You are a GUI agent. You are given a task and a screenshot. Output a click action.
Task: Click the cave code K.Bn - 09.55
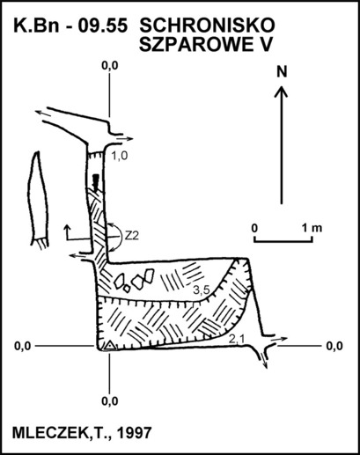coord(70,26)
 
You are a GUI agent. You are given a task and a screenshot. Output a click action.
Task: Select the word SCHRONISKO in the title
coord(207,26)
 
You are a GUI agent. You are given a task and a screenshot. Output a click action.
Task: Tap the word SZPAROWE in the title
coord(192,45)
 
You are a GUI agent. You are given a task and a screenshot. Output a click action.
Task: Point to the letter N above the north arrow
coord(282,72)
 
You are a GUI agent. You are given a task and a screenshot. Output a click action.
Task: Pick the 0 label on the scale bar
coord(254,228)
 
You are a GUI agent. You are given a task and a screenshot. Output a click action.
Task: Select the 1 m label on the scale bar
coord(312,228)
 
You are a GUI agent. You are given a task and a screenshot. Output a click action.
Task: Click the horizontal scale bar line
coord(283,242)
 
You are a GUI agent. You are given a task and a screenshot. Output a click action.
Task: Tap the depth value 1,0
coord(120,156)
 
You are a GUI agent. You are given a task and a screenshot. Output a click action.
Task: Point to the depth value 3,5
coord(202,290)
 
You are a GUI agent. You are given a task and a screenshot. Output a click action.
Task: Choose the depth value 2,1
coord(237,340)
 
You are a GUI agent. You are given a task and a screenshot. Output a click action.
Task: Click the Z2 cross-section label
coord(132,236)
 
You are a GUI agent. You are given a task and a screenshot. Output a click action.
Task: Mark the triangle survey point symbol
coord(109,346)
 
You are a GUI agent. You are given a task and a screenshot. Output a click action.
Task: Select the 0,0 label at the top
coord(110,66)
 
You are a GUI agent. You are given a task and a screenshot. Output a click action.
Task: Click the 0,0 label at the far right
coord(334,346)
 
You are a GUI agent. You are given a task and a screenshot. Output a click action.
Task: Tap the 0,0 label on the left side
coord(23,346)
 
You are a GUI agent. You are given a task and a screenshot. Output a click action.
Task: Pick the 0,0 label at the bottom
coord(110,400)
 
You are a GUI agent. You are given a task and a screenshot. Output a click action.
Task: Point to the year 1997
coord(134,432)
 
